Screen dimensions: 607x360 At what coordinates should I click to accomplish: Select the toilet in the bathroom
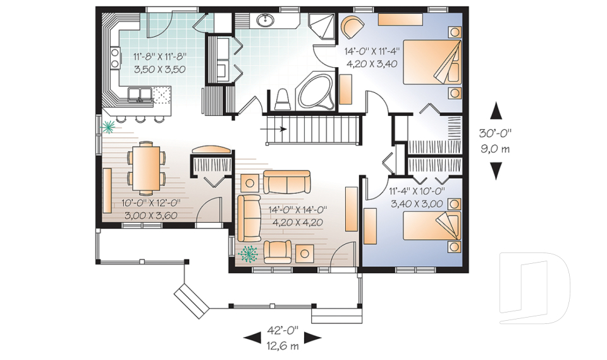[282, 99]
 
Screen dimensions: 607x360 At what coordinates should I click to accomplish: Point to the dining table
[146, 168]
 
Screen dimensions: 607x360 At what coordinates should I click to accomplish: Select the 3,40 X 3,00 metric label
[417, 204]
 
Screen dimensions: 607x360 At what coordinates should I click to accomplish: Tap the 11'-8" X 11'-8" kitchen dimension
[160, 57]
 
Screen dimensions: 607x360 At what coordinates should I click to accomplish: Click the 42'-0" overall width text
[283, 330]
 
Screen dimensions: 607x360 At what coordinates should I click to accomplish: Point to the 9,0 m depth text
[495, 149]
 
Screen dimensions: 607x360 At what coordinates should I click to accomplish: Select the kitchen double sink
[139, 94]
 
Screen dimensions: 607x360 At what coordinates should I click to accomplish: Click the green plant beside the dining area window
[108, 126]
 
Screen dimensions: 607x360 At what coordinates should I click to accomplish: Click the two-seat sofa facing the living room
[287, 182]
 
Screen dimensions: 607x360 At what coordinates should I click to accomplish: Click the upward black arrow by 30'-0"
[496, 111]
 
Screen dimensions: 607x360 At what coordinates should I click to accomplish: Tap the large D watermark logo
[535, 288]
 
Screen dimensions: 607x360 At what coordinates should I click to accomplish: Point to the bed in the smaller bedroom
[432, 226]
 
